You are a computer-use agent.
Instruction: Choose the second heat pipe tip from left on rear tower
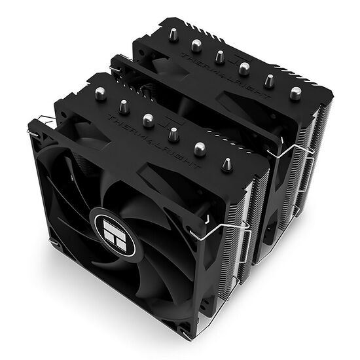tap(196, 45)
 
